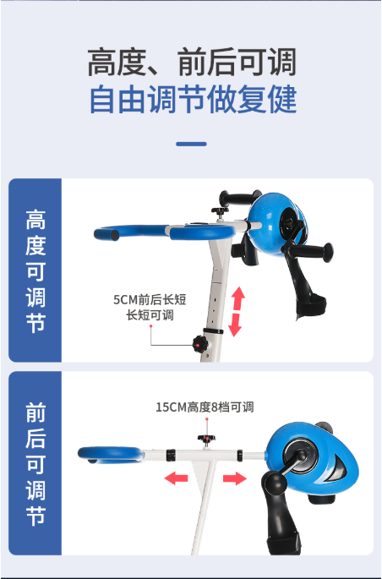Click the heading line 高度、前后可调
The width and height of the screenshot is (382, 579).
coord(192,63)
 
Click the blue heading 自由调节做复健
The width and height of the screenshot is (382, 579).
coord(193,99)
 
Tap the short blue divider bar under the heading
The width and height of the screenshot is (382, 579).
coord(191,144)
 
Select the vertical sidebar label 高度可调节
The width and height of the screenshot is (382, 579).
coord(35,271)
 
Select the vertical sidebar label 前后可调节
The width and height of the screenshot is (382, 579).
coord(35,464)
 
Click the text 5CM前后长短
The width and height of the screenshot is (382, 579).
coord(150,299)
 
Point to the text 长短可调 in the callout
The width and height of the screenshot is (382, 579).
coord(150,315)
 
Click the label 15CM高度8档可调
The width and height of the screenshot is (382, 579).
coord(205,407)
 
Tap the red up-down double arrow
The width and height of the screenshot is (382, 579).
coord(237,311)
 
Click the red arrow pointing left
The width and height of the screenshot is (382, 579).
coord(176,478)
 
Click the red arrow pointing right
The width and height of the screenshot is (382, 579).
coord(235,478)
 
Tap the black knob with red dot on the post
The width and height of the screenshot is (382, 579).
coord(200,345)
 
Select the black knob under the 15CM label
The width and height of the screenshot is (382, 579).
coord(207,440)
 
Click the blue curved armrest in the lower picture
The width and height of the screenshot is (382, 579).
coord(111,455)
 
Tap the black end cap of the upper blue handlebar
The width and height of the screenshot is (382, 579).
coord(115,235)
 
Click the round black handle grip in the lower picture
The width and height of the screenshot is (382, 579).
coord(274,483)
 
